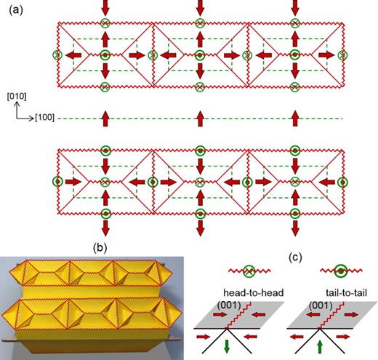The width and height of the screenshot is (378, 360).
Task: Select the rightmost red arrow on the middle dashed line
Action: [x=294, y=117]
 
